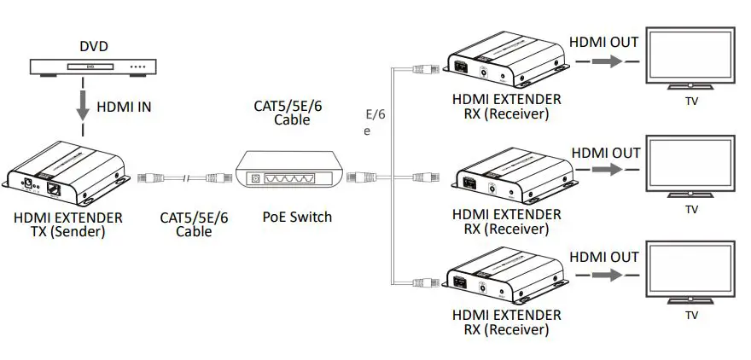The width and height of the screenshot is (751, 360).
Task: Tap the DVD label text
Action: point(94,45)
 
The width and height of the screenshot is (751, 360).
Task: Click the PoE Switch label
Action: point(296,217)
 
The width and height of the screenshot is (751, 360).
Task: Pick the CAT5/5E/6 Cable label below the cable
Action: point(194,224)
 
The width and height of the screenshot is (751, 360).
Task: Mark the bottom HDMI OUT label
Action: point(604,257)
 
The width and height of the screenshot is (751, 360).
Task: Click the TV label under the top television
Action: point(691,102)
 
